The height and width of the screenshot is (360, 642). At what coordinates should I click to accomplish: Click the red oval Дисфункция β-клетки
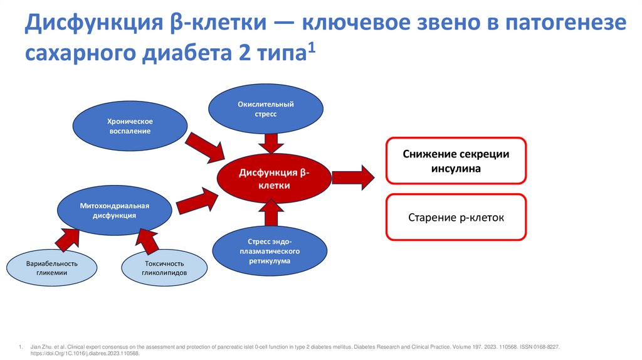(x=274, y=177)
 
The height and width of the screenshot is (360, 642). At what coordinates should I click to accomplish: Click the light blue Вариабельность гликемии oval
(x=52, y=267)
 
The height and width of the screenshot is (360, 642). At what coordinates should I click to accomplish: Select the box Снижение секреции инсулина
(x=455, y=161)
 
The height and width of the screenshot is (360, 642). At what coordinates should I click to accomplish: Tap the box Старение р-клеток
(x=455, y=218)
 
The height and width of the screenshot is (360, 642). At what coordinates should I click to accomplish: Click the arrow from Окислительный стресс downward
(x=271, y=143)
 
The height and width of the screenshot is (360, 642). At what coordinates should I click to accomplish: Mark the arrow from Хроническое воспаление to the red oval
(x=208, y=146)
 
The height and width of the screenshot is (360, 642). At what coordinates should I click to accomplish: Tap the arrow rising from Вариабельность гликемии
(x=66, y=240)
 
